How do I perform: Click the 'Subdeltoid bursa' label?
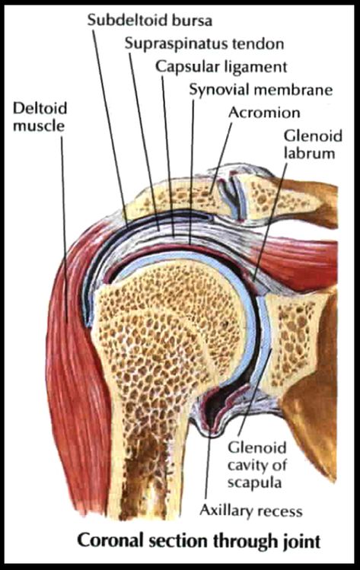[149, 21]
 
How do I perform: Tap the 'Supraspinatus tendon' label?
[205, 44]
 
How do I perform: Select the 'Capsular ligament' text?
[221, 67]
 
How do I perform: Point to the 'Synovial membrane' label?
[261, 90]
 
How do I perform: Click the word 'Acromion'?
[264, 113]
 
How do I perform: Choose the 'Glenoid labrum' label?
[313, 145]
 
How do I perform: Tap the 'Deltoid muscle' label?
[40, 116]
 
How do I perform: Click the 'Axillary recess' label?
[251, 511]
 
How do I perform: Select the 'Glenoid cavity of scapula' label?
[257, 465]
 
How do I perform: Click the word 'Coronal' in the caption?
[108, 540]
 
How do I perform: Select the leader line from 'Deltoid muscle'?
[64, 230]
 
